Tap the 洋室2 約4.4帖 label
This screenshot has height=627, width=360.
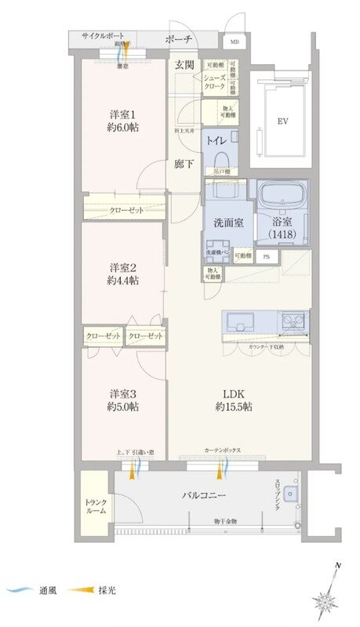[x=124, y=270]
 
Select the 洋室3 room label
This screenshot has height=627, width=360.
[x=124, y=400]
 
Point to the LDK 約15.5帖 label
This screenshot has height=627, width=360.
[x=236, y=400]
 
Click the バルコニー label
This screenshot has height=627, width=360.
[x=205, y=496]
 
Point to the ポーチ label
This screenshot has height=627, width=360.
[x=179, y=39]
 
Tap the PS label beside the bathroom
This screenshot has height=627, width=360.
[x=267, y=256]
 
